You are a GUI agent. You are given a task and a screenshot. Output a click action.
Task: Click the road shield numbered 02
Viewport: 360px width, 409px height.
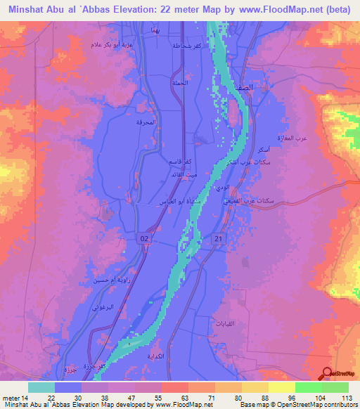(143, 239)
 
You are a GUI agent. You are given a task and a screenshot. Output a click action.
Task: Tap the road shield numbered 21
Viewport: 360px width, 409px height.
(219, 239)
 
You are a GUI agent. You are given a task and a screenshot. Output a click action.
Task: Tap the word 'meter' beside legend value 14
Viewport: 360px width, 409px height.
(11, 398)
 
